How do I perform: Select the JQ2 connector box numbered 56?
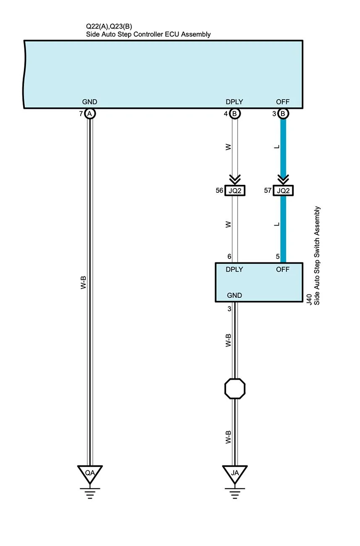[x=235, y=191]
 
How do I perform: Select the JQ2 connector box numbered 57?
[x=283, y=191]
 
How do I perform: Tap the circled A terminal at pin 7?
[x=89, y=113]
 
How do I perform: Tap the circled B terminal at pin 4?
[x=235, y=113]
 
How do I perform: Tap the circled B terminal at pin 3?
[x=283, y=113]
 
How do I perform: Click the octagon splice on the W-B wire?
[x=235, y=388]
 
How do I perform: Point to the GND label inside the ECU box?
[x=89, y=102]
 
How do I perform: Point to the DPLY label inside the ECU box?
[x=234, y=102]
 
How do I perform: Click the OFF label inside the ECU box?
[x=283, y=102]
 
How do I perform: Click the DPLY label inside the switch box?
[x=234, y=270]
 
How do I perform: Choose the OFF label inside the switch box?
[x=283, y=270]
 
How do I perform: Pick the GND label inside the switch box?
[x=234, y=295]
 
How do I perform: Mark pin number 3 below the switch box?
[x=229, y=309]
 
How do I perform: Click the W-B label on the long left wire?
[x=84, y=282]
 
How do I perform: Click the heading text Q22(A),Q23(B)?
[x=109, y=26]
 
